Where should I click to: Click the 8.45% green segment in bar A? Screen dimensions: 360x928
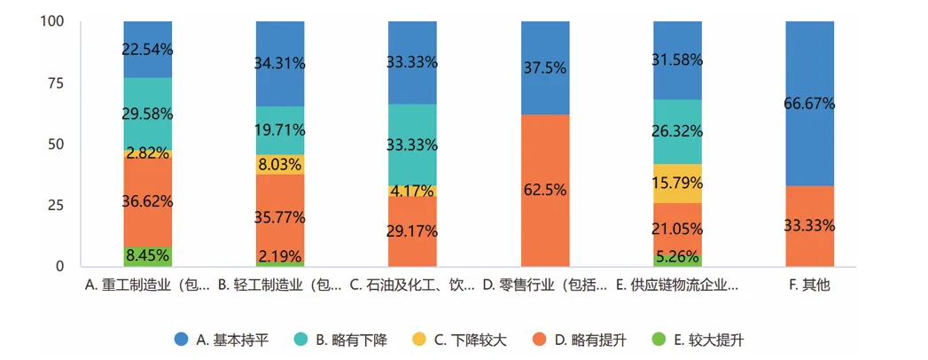click(148, 256)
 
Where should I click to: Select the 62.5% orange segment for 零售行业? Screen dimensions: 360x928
click(545, 190)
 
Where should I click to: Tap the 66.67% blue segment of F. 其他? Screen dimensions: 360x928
click(809, 103)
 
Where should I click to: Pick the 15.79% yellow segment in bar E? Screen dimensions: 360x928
click(677, 183)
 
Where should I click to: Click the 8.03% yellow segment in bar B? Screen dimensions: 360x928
click(280, 164)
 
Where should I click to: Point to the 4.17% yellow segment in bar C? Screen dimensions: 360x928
click(412, 190)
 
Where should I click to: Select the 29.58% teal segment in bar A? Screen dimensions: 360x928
click(148, 113)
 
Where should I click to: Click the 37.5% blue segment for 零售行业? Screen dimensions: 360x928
click(545, 67)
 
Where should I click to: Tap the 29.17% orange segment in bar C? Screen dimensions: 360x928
click(412, 231)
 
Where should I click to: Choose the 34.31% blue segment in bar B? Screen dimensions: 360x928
click(280, 64)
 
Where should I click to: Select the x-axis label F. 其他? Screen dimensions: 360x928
click(809, 286)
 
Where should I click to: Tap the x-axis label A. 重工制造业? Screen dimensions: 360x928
click(148, 286)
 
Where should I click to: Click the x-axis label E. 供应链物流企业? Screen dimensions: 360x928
click(677, 286)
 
